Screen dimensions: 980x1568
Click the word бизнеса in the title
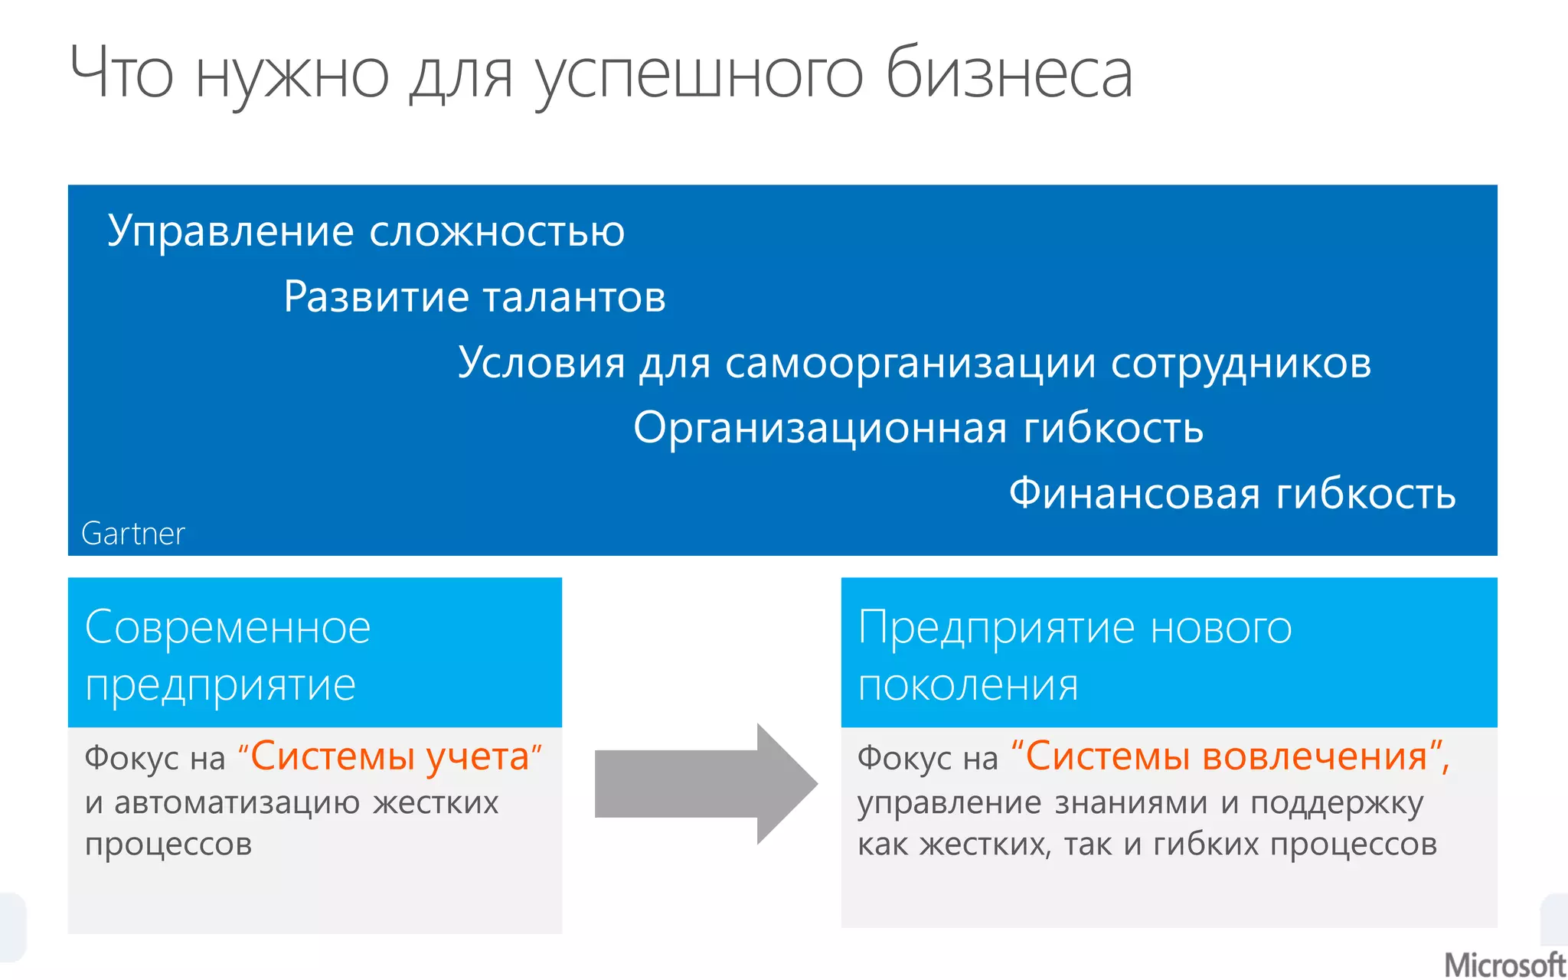pyautogui.click(x=1008, y=74)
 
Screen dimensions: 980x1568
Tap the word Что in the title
pyautogui.click(x=121, y=74)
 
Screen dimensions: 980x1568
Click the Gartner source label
pyautogui.click(x=133, y=534)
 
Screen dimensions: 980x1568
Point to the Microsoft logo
pyautogui.click(x=1504, y=965)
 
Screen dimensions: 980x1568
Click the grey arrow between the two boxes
pyautogui.click(x=706, y=784)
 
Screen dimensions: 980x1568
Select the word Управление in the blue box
pyautogui.click(x=230, y=231)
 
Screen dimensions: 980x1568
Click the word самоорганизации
pyautogui.click(x=910, y=363)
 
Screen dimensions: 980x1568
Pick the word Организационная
pyautogui.click(x=820, y=428)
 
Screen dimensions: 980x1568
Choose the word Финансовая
pyautogui.click(x=1134, y=493)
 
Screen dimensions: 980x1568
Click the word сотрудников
pyautogui.click(x=1240, y=363)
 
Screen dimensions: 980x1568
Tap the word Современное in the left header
pyautogui.click(x=228, y=628)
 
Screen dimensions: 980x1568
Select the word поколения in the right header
pyautogui.click(x=968, y=685)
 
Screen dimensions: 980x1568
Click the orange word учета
pyautogui.click(x=479, y=757)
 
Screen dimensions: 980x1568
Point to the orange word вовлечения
pyautogui.click(x=1315, y=757)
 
